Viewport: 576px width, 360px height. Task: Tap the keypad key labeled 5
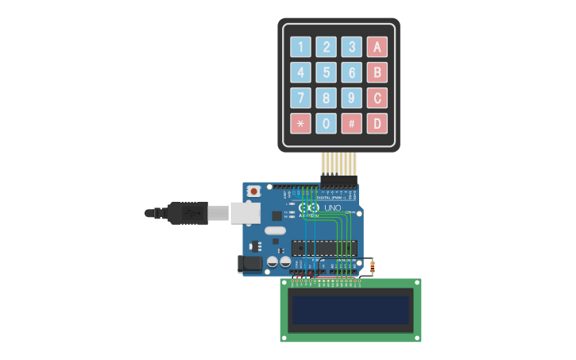[326, 72]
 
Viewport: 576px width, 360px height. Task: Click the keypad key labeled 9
[351, 98]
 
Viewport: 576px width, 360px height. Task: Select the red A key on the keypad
[377, 46]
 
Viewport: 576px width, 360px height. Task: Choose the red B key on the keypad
[377, 72]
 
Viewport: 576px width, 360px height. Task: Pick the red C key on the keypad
[377, 98]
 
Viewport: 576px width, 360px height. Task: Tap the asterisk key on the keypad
[300, 123]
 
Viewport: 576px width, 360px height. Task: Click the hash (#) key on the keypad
[351, 123]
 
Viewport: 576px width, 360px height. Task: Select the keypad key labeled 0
[326, 123]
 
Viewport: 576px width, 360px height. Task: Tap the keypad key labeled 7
[300, 98]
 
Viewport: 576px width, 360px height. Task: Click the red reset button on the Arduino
[253, 191]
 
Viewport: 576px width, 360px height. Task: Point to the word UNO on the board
[332, 208]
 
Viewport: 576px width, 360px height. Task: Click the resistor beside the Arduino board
[372, 266]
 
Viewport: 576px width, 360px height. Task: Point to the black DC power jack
[251, 264]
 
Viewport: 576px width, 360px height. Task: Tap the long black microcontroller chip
[323, 248]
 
